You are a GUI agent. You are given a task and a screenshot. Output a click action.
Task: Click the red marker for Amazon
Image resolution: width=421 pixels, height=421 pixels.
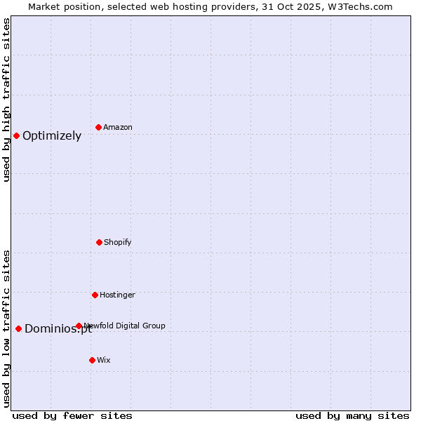(x=98, y=127)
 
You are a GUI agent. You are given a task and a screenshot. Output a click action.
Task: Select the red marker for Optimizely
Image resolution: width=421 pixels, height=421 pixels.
(x=16, y=135)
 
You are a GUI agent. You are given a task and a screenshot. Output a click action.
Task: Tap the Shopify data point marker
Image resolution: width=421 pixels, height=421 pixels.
(x=99, y=242)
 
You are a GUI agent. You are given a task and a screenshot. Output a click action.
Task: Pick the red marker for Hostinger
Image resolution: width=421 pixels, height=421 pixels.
(x=95, y=295)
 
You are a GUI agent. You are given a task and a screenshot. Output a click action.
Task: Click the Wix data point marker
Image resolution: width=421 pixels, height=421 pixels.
(x=92, y=360)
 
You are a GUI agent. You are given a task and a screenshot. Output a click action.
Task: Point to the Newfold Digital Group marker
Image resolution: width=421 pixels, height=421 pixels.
(x=79, y=326)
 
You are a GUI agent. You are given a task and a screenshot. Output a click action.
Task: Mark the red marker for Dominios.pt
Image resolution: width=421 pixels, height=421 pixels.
(x=18, y=328)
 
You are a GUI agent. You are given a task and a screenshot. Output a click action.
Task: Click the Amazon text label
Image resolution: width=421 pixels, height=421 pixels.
(x=118, y=127)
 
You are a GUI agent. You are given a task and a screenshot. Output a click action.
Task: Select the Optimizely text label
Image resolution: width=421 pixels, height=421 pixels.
(x=52, y=136)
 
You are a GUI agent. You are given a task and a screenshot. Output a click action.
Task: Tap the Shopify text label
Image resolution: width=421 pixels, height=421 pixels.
(x=118, y=242)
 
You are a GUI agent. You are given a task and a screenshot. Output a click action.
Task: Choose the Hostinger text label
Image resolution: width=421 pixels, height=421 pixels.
(x=117, y=295)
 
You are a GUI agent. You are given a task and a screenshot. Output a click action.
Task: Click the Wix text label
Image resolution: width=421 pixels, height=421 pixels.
(x=104, y=360)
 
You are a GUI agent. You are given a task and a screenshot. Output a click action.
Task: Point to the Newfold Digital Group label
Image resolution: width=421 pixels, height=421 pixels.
(x=125, y=326)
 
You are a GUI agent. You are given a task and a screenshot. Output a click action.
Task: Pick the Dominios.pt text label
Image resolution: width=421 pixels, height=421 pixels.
(x=58, y=329)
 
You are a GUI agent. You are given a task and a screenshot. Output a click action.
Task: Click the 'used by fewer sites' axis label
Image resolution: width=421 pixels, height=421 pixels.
(x=72, y=415)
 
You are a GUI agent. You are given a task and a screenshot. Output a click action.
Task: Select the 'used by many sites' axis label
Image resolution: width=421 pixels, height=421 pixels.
(x=352, y=415)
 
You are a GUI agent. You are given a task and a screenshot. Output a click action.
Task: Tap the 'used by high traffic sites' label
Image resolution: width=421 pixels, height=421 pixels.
(x=7, y=100)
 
